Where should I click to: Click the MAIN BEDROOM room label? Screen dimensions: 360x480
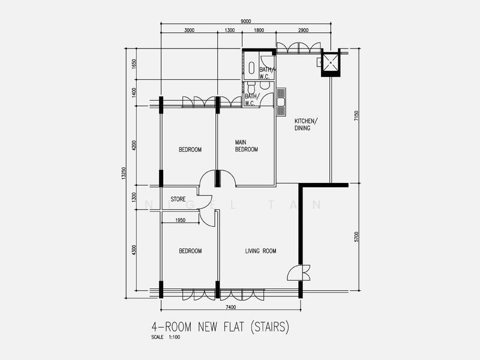246,146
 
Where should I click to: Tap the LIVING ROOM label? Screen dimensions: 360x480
260,251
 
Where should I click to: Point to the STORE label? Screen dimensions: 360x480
178,199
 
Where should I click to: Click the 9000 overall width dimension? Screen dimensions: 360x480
246,22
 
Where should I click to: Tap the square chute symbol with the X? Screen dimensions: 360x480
329,62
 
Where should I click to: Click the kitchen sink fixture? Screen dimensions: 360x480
281,101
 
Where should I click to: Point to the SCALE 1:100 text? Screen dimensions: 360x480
166,337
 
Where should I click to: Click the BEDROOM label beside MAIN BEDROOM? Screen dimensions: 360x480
190,149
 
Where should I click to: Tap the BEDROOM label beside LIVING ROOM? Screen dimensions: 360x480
190,251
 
